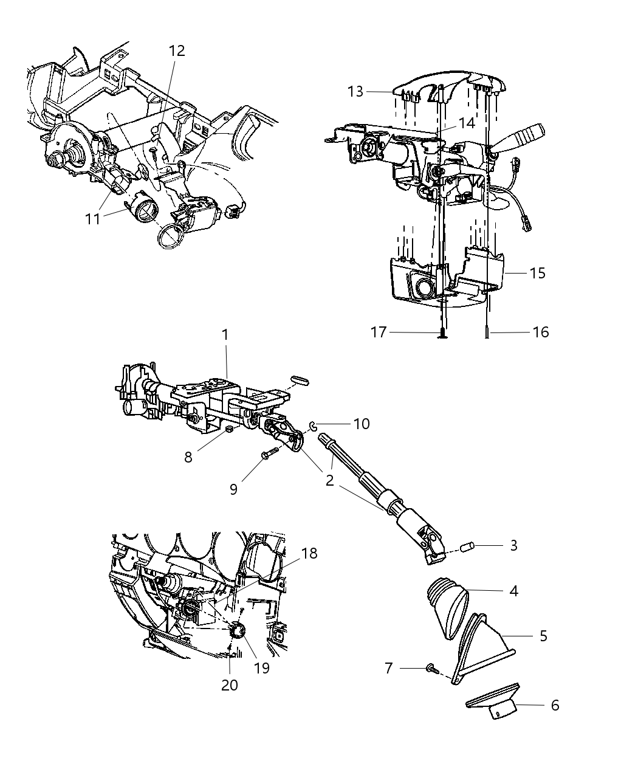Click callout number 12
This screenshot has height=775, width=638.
click(177, 51)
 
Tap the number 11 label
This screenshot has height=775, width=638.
click(93, 218)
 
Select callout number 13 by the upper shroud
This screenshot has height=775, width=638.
click(355, 91)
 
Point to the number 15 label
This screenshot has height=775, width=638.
click(537, 273)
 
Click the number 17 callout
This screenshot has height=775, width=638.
click(379, 332)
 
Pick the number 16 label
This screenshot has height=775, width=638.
click(540, 332)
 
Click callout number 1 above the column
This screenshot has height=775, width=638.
click(225, 334)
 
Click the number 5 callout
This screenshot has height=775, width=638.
click(543, 636)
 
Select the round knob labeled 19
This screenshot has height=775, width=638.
click(238, 632)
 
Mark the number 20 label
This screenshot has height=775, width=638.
click(230, 684)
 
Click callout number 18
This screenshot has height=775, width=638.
click(309, 553)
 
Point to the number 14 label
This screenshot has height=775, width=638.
click(466, 123)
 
